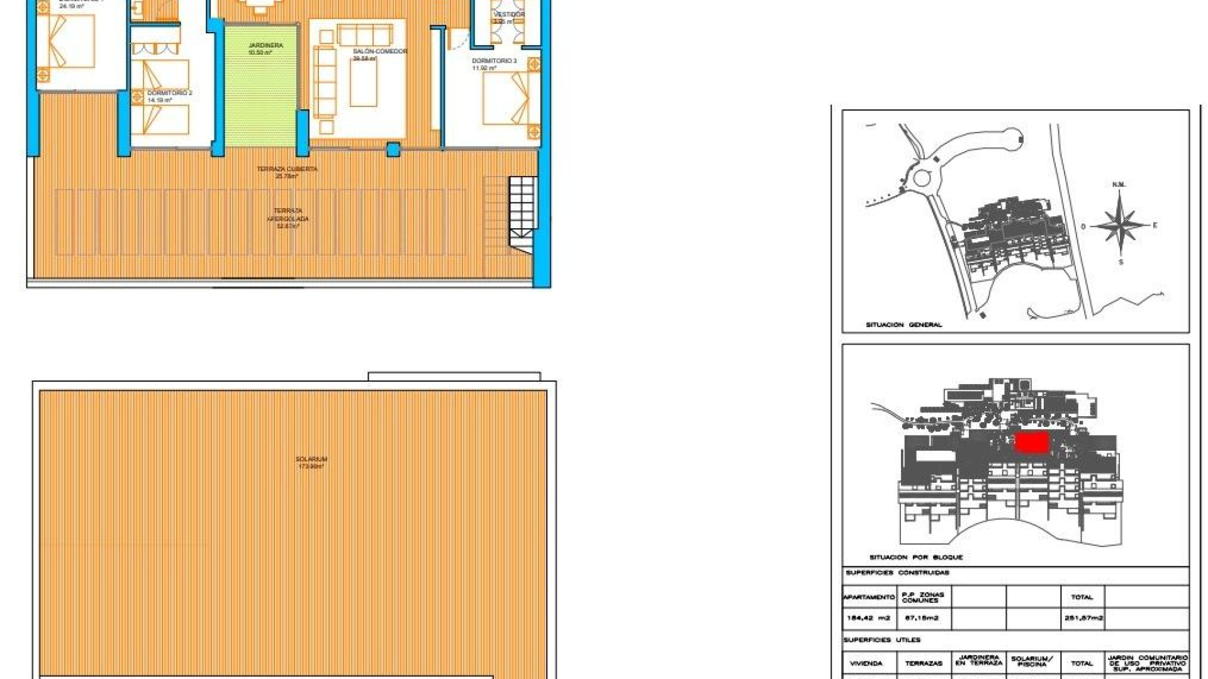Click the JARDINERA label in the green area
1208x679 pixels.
coord(266,46)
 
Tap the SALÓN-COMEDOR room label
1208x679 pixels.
coord(379,52)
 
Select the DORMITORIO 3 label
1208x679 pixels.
coord(494,61)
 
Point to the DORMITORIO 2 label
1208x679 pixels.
coord(169,93)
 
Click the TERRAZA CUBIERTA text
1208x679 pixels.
coord(287,169)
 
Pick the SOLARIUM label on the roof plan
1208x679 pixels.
coord(311,460)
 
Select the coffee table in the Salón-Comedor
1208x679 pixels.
coord(364,82)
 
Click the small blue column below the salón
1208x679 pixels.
coord(393,150)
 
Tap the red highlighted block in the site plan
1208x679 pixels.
coord(1032,443)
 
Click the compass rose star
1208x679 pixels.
coord(1120,225)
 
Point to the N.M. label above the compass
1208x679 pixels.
coord(1119,185)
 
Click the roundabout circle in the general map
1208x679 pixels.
coord(922,178)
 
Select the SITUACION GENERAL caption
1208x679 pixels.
coord(903,325)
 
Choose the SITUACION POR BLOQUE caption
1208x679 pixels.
coord(915,558)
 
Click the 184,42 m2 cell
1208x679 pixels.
coord(868,618)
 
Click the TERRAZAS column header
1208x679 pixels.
coord(924,663)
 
